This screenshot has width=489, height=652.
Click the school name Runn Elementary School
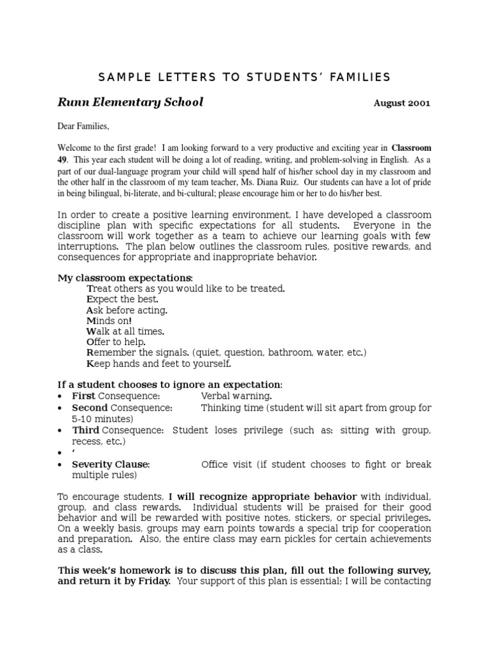(131, 103)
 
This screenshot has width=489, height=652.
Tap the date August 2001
(401, 103)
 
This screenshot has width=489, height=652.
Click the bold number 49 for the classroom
(63, 159)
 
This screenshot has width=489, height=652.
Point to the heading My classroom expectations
(125, 278)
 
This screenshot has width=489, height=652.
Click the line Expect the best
(122, 299)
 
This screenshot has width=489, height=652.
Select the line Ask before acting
(127, 310)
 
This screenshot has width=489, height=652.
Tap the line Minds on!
(109, 321)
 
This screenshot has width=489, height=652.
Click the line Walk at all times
(125, 331)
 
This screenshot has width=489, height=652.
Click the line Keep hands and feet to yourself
(159, 364)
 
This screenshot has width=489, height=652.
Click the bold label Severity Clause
(110, 464)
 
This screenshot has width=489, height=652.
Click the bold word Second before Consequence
(89, 407)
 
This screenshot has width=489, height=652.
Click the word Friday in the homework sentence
(151, 581)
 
